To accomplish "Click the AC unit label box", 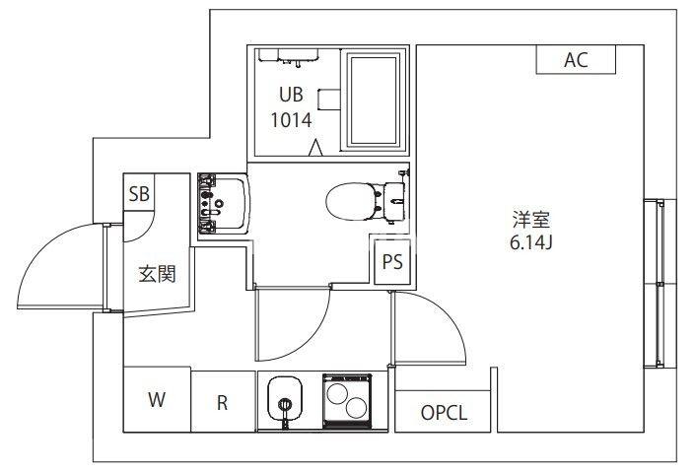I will (576, 59).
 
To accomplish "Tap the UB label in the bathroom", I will (291, 96).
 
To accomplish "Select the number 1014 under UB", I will (291, 121).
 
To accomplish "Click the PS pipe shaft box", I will (392, 262).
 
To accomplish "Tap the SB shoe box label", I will (139, 193).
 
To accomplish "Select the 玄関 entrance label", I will (156, 274).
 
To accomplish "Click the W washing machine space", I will (157, 400).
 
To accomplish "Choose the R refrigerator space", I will (223, 402).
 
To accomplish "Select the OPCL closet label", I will (444, 413).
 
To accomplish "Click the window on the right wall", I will (656, 284).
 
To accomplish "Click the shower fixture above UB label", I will (297, 57).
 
